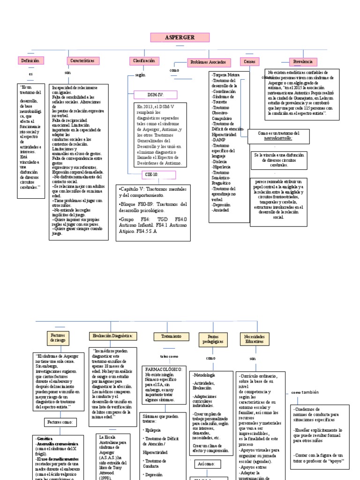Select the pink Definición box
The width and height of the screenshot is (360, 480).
tap(30, 60)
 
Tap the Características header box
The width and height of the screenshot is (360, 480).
tap(82, 60)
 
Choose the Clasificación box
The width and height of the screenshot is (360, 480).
tap(143, 60)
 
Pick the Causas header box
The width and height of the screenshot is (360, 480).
tap(248, 61)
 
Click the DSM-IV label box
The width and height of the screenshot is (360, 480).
tap(155, 95)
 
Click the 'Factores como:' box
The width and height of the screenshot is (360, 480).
tap(60, 422)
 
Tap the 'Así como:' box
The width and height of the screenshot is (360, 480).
tap(206, 464)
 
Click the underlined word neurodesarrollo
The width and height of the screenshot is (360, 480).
tap(278, 138)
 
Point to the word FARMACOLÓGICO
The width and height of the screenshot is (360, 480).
tap(165, 369)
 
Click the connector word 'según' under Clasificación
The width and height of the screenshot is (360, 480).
tap(140, 75)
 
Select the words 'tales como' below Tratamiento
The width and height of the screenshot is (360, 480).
tap(169, 356)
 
